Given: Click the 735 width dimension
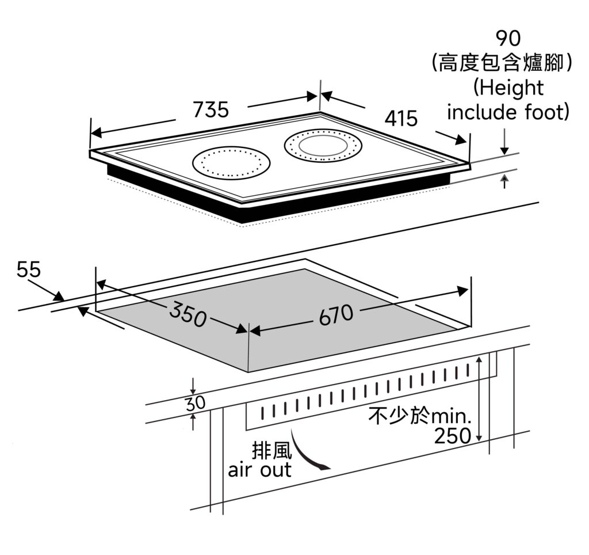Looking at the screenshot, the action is coord(211,109).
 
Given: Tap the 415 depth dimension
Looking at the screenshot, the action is coord(401,118).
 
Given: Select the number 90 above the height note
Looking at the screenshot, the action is coord(508,38).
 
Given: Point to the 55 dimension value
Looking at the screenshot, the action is coord(29,269).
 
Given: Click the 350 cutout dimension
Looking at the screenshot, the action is coord(188,314).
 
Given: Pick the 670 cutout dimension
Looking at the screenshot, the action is coord(336,315).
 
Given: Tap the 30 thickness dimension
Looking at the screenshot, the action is coord(196,403).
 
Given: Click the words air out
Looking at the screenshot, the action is coord(259,470).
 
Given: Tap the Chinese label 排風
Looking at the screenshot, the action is coord(271,450).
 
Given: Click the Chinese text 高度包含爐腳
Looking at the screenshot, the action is coord(501,62).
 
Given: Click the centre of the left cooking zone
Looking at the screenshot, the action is coord(231,163).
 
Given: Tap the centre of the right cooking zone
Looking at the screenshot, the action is coord(323,145).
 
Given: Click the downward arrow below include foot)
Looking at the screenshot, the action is coord(504,142).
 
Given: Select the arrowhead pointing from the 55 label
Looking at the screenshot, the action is coord(59,296).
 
